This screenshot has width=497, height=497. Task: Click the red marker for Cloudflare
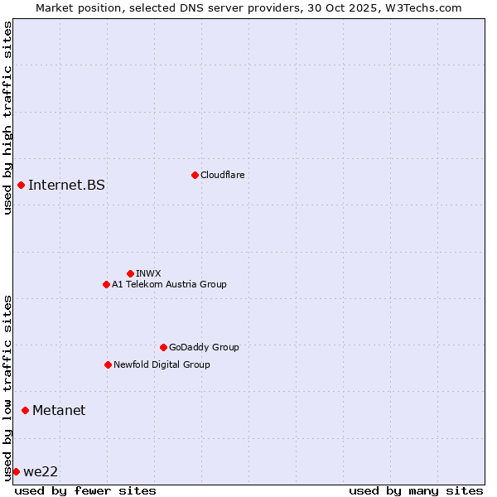point(195,175)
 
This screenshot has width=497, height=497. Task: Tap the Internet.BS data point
point(21,185)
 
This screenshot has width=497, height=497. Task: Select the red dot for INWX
point(130,273)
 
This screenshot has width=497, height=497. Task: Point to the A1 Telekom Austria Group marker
point(106,284)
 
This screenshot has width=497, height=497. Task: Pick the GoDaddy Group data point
point(163,347)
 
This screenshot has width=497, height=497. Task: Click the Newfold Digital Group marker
point(108,364)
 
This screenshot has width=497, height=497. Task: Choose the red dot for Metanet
point(25,410)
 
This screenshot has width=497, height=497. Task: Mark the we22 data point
point(16,471)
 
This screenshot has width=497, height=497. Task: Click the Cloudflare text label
point(222,175)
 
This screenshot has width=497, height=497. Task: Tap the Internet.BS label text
point(66,185)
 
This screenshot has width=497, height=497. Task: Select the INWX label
point(148,273)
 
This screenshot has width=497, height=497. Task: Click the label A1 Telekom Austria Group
point(169,284)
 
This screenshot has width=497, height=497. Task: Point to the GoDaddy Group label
point(204,347)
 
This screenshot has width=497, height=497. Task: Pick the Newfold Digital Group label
point(162,364)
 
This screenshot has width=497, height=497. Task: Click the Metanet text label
point(59,410)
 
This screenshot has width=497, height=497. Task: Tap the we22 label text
point(41,471)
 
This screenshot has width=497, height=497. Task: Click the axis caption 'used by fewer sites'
point(85,490)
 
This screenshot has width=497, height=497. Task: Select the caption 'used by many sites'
point(416,490)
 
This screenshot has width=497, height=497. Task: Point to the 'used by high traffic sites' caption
point(7,118)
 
